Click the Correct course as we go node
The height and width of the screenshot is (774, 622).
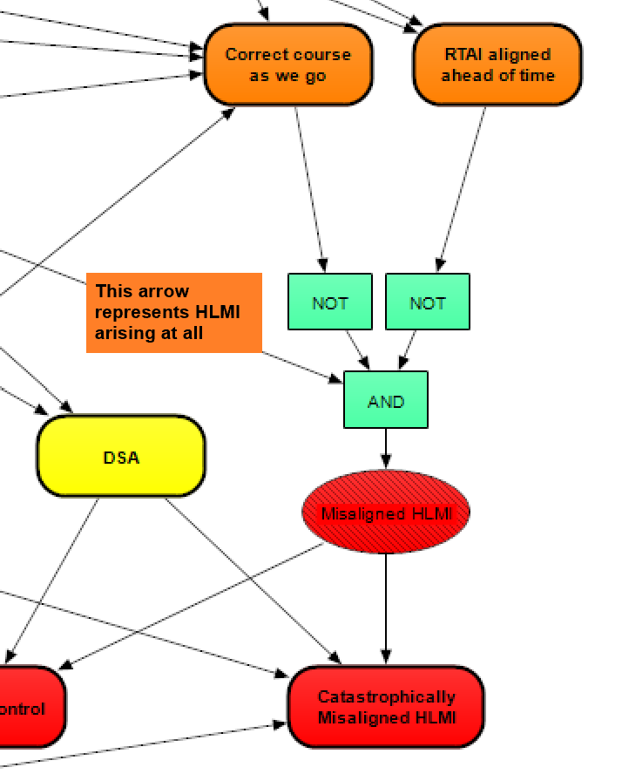[x=288, y=65]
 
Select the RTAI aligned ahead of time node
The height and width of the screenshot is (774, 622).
[x=497, y=65]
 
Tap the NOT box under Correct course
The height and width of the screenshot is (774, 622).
[x=330, y=302]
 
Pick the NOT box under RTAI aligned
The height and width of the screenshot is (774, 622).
[x=428, y=302]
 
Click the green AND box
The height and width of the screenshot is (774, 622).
[x=386, y=401]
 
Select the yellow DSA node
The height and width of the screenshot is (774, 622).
[x=121, y=457]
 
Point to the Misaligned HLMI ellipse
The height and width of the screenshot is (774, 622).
[x=386, y=513]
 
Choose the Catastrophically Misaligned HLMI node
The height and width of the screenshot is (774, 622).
[x=386, y=707]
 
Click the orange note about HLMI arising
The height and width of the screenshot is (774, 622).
[x=174, y=313]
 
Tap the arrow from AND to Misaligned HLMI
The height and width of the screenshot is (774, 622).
[x=386, y=449]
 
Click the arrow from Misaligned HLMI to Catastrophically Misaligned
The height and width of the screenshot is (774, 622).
[x=386, y=610]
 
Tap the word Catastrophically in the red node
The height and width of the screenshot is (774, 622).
[x=386, y=696]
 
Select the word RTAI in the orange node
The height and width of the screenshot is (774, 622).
[x=461, y=54]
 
